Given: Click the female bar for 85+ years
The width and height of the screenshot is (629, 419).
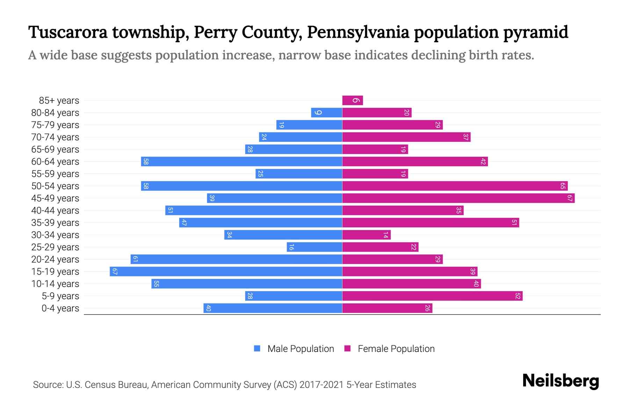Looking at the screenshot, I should [353, 101].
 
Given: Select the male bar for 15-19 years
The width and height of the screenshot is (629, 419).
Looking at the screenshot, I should [226, 272].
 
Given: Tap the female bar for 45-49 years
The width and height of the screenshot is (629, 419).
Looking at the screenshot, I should [458, 198].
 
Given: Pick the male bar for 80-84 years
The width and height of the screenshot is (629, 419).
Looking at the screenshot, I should [326, 113].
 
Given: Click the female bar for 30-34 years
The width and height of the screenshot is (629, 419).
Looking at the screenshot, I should [366, 235].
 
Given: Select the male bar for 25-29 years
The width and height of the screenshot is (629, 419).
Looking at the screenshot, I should [314, 247].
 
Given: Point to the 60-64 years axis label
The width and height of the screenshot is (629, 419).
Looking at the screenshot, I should [55, 162].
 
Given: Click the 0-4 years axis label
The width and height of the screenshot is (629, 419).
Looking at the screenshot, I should [60, 308].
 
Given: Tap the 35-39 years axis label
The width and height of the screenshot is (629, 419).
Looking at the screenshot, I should [55, 223].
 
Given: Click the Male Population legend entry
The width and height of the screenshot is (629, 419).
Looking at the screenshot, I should [294, 348].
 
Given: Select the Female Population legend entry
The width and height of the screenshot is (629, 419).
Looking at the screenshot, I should [389, 348].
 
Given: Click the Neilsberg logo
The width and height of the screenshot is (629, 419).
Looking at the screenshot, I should [561, 381].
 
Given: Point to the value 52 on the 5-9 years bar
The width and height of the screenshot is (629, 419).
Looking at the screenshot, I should [518, 296].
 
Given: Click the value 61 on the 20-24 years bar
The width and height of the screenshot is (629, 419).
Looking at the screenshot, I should [136, 259].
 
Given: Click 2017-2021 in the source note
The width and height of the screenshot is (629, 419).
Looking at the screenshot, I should [321, 385].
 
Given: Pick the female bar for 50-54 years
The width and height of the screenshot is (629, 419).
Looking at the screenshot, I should [455, 186].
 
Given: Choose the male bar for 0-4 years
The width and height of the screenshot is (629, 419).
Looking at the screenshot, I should [273, 308].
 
